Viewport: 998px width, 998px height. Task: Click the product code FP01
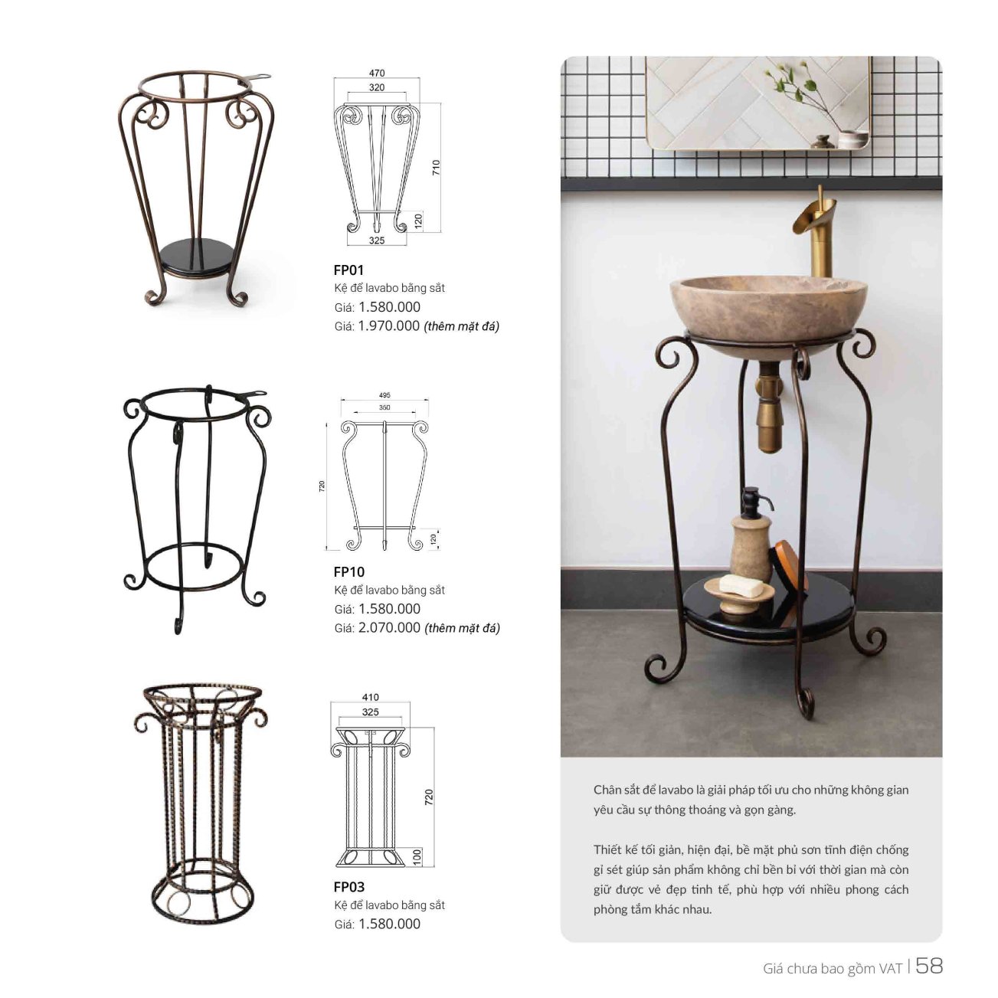point(348,270)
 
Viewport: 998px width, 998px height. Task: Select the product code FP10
point(349,572)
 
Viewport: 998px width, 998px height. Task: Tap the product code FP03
point(349,887)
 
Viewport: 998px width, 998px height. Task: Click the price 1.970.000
point(389,326)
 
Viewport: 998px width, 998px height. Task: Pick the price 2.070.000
point(389,628)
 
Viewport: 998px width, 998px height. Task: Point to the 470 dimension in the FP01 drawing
point(377,73)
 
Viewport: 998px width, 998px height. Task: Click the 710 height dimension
point(436,167)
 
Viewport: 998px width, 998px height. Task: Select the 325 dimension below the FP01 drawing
point(377,241)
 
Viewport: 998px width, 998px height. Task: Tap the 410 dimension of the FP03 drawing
point(370,697)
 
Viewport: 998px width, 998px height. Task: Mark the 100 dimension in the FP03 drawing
point(417,857)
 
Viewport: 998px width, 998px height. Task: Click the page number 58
point(929,965)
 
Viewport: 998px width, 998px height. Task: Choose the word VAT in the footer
point(890,968)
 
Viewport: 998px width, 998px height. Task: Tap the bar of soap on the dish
point(741,585)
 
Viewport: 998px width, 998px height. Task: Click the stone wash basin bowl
point(768,314)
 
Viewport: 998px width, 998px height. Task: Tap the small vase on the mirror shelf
point(852,139)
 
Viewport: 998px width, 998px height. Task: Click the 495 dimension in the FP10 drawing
point(384,395)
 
